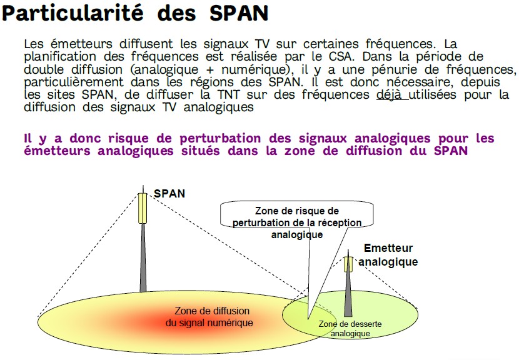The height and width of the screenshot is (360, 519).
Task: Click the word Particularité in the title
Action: (73, 13)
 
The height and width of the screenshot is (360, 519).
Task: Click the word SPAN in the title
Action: (239, 13)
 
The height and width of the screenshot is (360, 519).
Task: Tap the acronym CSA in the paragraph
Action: (341, 57)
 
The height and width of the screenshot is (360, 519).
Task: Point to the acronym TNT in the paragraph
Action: (228, 94)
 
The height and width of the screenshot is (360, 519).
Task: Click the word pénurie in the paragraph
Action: (396, 70)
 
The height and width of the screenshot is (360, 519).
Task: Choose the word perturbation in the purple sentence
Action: (220, 138)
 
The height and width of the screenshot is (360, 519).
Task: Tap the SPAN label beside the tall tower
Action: (169, 194)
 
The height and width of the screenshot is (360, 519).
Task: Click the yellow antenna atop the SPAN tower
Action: (143, 208)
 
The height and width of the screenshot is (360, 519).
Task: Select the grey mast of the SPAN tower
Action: (143, 257)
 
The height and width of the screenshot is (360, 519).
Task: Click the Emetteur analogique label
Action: (388, 255)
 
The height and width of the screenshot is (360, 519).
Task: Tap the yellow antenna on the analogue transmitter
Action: (348, 264)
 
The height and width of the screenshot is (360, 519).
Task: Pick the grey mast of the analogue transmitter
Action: (348, 294)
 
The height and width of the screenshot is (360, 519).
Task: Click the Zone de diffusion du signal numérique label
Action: (210, 317)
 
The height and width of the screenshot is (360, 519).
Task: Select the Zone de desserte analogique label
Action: (350, 329)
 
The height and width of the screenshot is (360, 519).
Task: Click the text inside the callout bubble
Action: (297, 222)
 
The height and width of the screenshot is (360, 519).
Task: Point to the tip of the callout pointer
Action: (308, 319)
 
